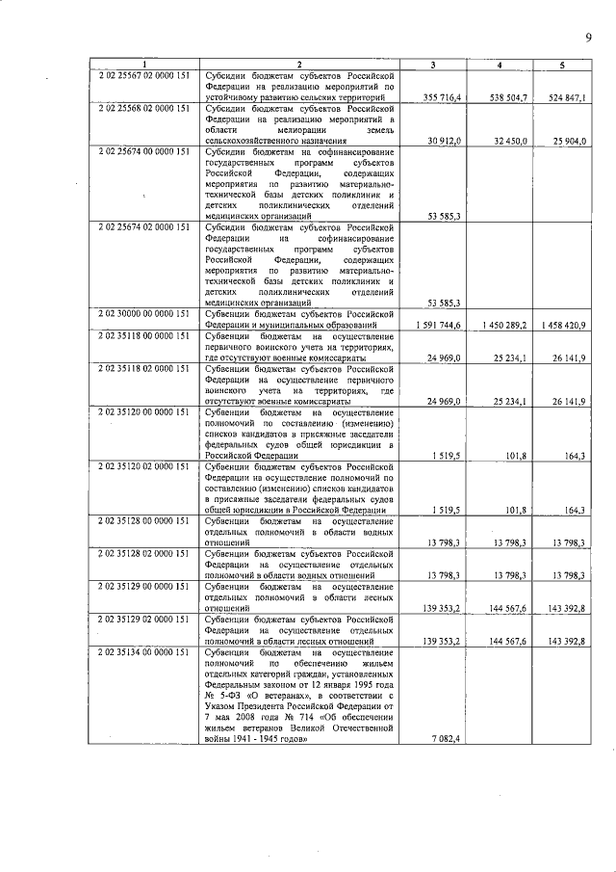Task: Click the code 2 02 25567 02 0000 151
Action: [x=143, y=74]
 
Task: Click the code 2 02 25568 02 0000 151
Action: [x=143, y=108]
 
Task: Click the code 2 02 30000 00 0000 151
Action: [x=143, y=313]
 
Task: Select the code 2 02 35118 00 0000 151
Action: [x=143, y=335]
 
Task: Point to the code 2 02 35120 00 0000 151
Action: [x=143, y=411]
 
